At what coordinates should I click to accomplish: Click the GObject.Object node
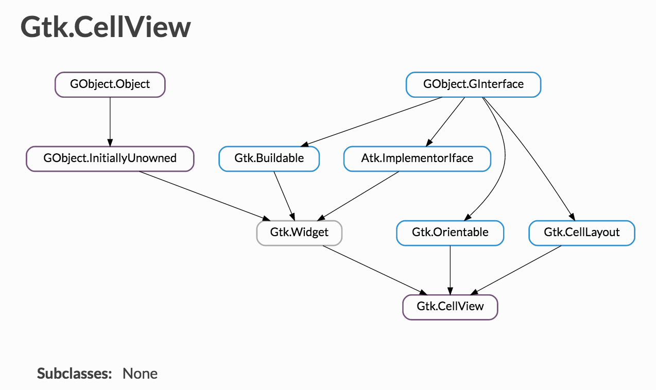pos(110,84)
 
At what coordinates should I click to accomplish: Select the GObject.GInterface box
pos(473,84)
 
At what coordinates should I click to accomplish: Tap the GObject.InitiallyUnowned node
pos(110,159)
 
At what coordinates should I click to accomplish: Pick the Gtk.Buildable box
pos(269,159)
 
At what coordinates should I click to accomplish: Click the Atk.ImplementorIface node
pos(417,159)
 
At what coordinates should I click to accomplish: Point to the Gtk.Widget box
pos(299,233)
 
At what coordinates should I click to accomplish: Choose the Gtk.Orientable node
pos(450,233)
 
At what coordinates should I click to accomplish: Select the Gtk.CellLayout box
pos(582,233)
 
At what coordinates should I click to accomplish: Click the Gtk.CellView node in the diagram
pos(450,307)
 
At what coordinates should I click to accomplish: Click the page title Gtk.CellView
pos(106,27)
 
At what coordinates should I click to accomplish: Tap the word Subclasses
pos(74,374)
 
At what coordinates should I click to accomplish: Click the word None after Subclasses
pos(140,374)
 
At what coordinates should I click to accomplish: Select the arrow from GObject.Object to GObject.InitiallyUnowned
pos(110,122)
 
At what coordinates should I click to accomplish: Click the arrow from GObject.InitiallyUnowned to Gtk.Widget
pos(205,196)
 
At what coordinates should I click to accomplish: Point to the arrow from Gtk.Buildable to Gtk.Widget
pos(284,196)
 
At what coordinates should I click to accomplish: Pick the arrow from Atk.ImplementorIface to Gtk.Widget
pos(358,196)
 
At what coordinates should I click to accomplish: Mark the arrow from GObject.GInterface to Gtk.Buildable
pos(371,122)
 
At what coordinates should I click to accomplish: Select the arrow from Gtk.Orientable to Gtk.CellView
pos(450,270)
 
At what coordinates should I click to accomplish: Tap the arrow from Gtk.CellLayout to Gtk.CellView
pos(516,270)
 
